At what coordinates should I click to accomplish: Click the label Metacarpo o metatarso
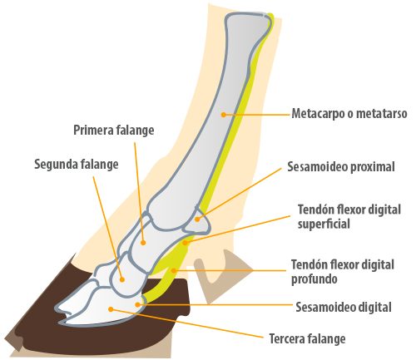pyautogui.click(x=349, y=114)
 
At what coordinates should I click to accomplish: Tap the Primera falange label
pyautogui.click(x=114, y=131)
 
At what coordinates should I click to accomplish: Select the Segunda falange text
pyautogui.click(x=77, y=165)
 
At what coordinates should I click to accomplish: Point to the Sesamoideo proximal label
pyautogui.click(x=341, y=167)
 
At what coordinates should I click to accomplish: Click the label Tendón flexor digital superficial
pyautogui.click(x=349, y=217)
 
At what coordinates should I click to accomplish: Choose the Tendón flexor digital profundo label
pyautogui.click(x=343, y=272)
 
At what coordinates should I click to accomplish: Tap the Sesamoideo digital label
pyautogui.click(x=344, y=307)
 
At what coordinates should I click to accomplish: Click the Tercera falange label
pyautogui.click(x=307, y=338)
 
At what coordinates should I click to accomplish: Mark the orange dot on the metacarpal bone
pyautogui.click(x=223, y=114)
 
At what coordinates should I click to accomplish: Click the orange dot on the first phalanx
pyautogui.click(x=143, y=243)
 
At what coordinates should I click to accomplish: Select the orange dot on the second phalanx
pyautogui.click(x=121, y=279)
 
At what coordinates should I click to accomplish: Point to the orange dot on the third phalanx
pyautogui.click(x=111, y=309)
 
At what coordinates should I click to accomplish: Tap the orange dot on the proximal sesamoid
pyautogui.click(x=197, y=219)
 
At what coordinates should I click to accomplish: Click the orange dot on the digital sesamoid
pyautogui.click(x=137, y=305)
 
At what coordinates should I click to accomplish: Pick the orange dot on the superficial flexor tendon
pyautogui.click(x=186, y=243)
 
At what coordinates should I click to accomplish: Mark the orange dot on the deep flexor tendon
pyautogui.click(x=174, y=270)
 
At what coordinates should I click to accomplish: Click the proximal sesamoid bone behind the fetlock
pyautogui.click(x=197, y=220)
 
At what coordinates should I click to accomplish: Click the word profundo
pyautogui.click(x=314, y=279)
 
